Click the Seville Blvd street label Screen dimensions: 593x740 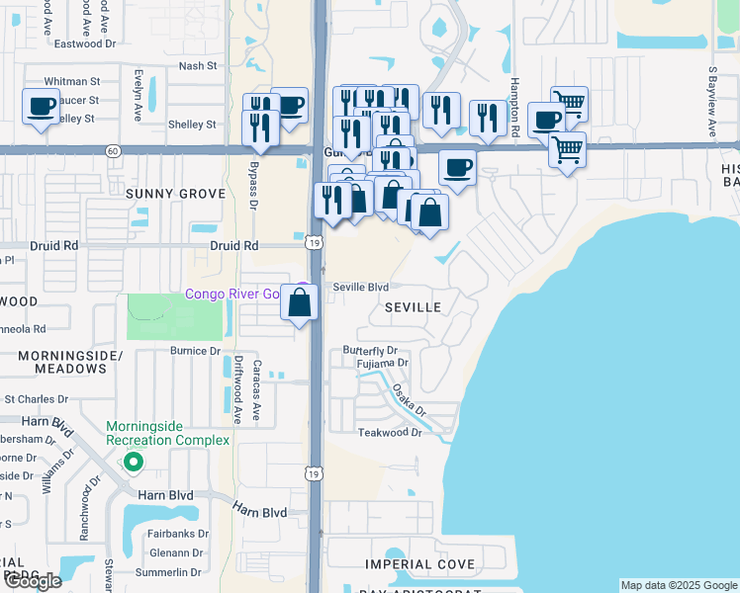[360, 287]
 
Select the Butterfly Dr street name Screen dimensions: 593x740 [369, 350]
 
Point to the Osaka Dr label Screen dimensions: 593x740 [407, 400]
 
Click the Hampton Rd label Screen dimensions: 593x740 [515, 107]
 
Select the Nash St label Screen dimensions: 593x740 [197, 65]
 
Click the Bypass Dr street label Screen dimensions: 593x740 [254, 187]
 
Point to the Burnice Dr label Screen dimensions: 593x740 [195, 351]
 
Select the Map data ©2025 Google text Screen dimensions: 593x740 [679, 585]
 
